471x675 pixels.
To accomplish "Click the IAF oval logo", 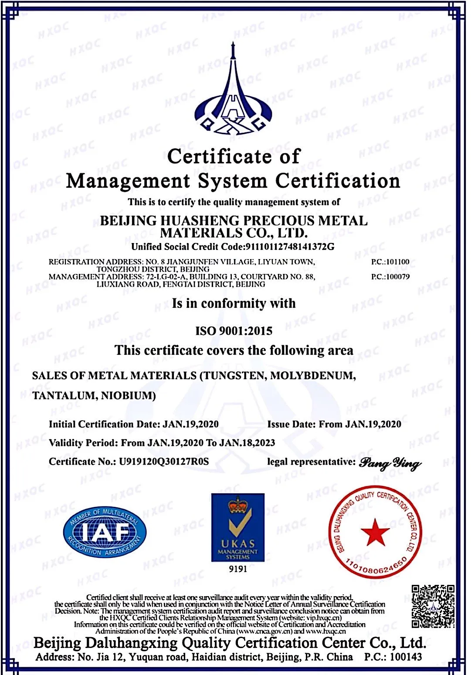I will pos(105,532).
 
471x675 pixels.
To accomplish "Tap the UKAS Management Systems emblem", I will pos(237,527).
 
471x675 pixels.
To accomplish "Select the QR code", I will pos(433,607).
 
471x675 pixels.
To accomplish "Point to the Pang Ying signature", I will pos(390,463).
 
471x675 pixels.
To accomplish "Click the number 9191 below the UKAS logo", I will pos(238,569).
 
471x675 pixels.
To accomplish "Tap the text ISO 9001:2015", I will pos(234,331).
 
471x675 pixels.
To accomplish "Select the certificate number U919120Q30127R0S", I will pos(164,462).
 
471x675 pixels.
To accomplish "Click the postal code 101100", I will pos(397,262).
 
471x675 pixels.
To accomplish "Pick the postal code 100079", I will pos(397,277).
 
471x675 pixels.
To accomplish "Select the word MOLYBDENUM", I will pos(312,376).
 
